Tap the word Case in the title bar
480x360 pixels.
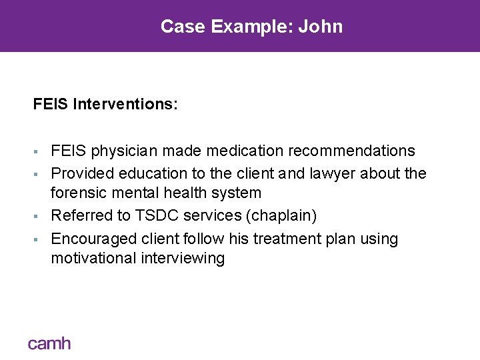pyautogui.click(x=183, y=27)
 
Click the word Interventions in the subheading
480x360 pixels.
pyautogui.click(x=125, y=105)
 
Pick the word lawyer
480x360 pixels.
pyautogui.click(x=331, y=173)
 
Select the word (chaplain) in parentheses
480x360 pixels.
pyautogui.click(x=283, y=216)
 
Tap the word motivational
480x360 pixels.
pyautogui.click(x=93, y=258)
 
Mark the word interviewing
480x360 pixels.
pyautogui.click(x=183, y=258)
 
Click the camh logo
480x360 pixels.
pyautogui.click(x=49, y=344)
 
